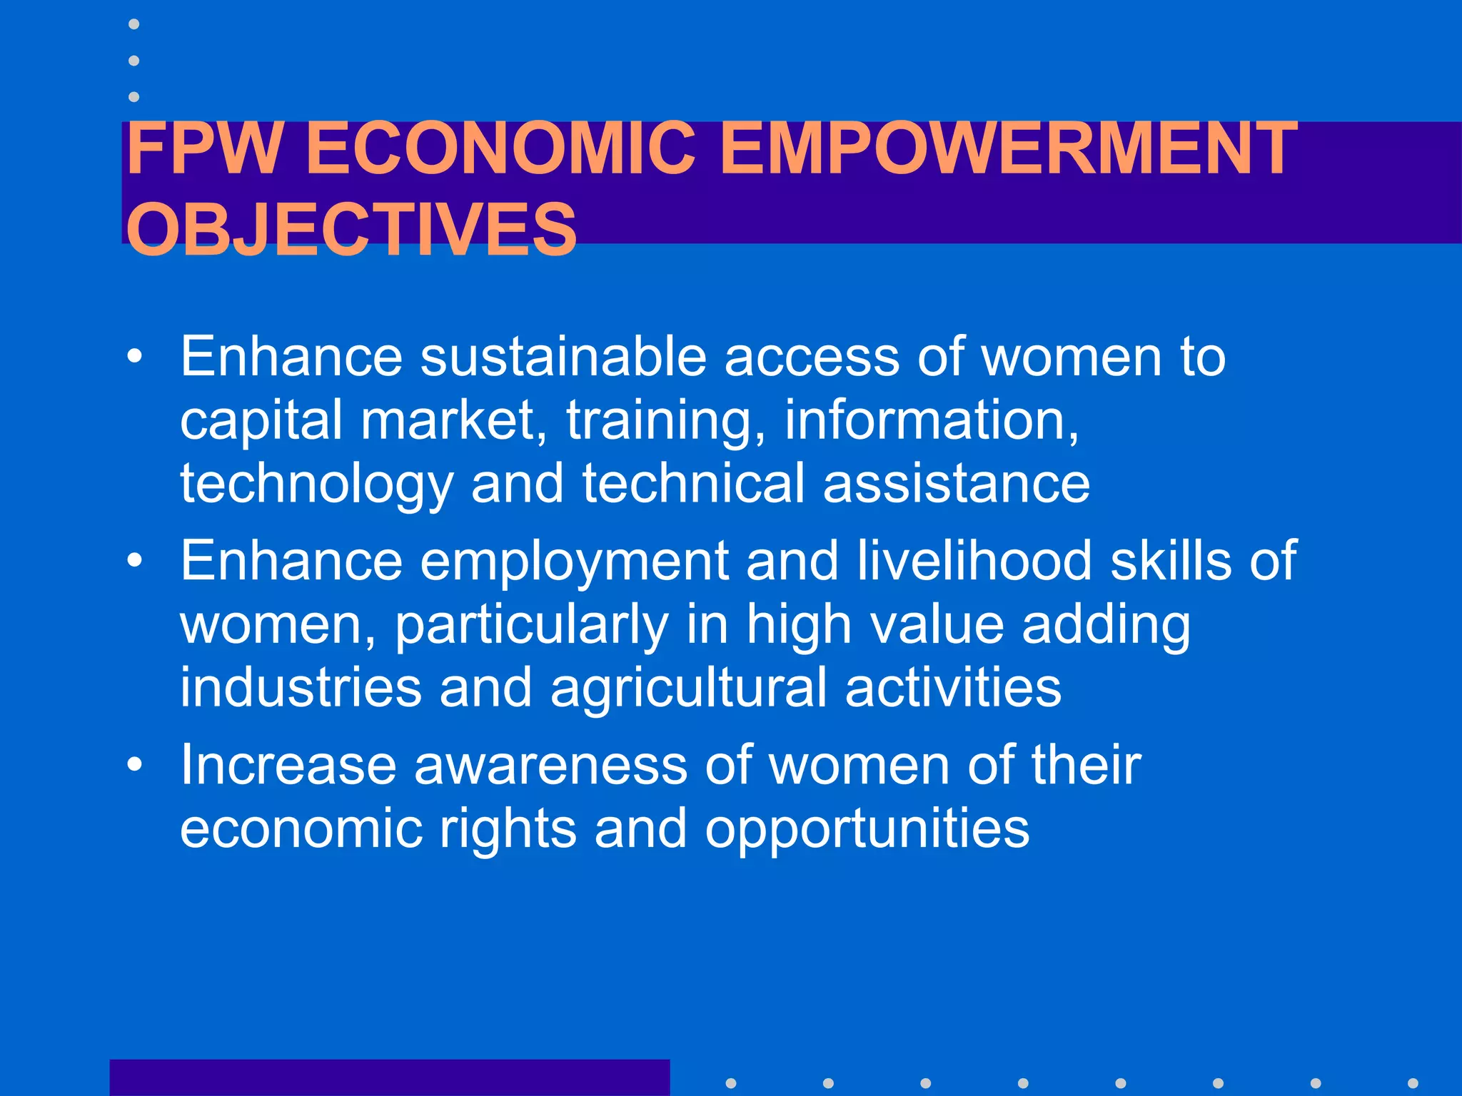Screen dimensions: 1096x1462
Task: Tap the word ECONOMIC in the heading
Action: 500,148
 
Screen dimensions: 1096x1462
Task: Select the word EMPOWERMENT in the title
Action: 1008,148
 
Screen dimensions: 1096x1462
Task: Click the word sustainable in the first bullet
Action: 563,356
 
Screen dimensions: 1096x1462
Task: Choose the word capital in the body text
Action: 261,421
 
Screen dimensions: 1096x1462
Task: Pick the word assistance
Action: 956,483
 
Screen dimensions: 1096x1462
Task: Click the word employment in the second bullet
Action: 574,562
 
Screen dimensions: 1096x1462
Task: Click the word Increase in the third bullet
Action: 288,765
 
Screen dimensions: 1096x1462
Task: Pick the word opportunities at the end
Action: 867,830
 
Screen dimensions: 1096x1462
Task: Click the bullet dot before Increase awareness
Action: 134,765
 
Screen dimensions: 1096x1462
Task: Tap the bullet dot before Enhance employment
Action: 134,561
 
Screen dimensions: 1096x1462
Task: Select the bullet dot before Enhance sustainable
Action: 134,356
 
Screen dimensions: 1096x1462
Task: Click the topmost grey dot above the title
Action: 133,24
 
